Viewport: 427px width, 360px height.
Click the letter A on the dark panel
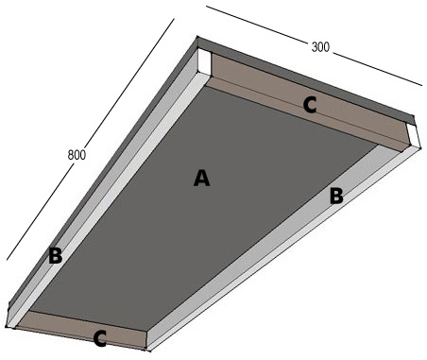(x=201, y=178)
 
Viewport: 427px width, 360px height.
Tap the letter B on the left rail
(x=56, y=255)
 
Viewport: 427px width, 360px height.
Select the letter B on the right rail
(x=336, y=196)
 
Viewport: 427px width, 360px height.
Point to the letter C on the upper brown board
(x=310, y=105)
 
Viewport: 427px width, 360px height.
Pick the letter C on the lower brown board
(x=100, y=339)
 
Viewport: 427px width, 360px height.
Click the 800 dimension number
(x=77, y=155)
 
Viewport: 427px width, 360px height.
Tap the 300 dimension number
(x=320, y=47)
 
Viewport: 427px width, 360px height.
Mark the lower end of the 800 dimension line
(x=7, y=260)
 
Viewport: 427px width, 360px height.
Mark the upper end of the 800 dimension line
(x=174, y=19)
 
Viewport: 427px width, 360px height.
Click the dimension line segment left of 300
(x=257, y=24)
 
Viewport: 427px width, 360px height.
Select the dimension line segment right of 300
(x=377, y=69)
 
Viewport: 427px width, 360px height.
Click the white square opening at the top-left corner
(x=204, y=61)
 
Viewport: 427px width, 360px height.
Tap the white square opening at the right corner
(x=413, y=135)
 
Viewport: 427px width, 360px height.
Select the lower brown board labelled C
(x=83, y=330)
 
